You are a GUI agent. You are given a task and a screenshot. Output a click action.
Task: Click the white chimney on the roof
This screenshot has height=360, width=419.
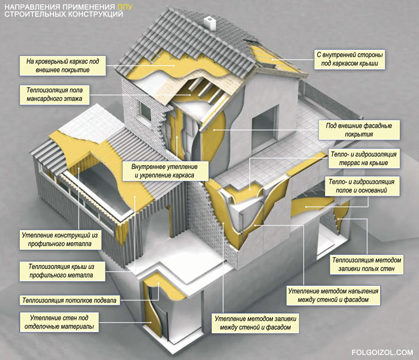209,23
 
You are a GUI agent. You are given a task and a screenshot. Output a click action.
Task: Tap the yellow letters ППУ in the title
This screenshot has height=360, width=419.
125,7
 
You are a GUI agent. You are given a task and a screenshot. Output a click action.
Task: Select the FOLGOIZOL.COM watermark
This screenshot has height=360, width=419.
382,352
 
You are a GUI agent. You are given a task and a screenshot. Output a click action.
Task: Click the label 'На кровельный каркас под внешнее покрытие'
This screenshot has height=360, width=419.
63,66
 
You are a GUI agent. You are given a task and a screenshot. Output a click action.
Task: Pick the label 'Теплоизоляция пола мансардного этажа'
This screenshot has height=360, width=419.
55,94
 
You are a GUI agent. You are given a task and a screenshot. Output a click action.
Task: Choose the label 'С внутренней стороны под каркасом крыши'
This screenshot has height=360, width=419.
350,59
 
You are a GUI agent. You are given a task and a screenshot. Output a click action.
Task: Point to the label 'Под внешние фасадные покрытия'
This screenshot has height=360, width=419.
359,130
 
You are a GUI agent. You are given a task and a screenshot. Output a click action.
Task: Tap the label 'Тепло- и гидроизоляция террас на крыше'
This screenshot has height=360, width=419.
364,159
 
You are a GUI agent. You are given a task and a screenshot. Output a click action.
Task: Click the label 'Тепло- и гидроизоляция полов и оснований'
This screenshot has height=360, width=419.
361,186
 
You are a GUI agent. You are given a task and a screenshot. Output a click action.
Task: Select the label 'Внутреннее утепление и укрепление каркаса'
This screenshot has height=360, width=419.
165,171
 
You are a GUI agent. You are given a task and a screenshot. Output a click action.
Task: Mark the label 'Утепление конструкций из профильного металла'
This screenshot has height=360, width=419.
60,239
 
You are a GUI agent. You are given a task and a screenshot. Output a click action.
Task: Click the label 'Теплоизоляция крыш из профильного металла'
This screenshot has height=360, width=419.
61,271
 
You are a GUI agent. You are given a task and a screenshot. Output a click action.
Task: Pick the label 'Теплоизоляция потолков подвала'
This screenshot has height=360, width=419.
69,300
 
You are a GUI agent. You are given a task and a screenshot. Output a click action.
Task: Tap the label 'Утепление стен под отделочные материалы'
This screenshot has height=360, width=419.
59,323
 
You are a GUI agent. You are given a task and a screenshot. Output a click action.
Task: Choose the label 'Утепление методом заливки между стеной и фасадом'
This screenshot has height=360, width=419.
255,323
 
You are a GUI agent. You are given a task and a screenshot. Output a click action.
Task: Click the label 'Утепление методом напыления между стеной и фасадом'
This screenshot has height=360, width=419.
333,295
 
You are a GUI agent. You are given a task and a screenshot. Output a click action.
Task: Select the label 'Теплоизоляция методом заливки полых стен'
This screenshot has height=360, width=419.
366,265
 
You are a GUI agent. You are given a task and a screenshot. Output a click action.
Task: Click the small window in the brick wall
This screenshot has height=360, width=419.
145,111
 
